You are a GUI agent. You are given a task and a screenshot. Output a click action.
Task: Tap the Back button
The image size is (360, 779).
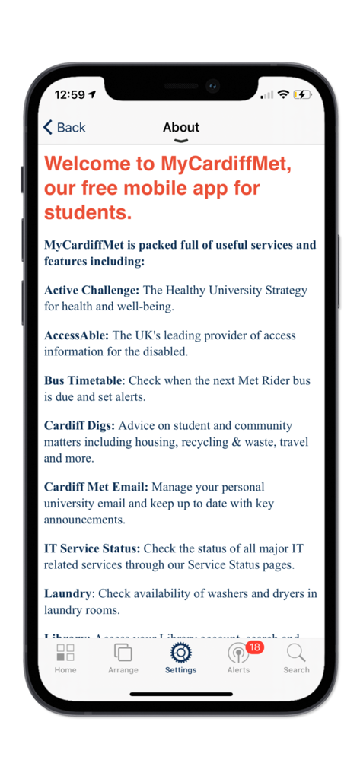click(64, 127)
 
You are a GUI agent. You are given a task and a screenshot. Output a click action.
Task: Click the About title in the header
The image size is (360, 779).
click(181, 127)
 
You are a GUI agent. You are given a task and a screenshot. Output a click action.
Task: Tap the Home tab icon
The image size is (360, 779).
click(65, 653)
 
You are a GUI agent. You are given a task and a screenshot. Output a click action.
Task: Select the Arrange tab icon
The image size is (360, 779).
click(123, 653)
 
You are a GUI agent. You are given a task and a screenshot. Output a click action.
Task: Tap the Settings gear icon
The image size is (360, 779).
click(180, 653)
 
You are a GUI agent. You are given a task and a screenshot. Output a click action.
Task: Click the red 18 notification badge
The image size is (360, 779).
click(254, 647)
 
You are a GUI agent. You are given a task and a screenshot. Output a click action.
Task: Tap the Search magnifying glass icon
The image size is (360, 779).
click(296, 653)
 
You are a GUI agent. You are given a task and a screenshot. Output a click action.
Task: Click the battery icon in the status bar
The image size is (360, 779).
click(303, 94)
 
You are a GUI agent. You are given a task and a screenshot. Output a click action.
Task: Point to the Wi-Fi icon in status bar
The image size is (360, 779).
click(283, 94)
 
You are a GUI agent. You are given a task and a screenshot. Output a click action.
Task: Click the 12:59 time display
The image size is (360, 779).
click(70, 95)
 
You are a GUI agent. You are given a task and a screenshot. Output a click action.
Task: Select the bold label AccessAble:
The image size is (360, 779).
click(76, 335)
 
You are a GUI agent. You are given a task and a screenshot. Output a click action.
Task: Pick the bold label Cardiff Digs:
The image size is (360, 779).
click(79, 425)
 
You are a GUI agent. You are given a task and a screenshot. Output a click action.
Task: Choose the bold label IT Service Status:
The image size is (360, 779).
click(92, 548)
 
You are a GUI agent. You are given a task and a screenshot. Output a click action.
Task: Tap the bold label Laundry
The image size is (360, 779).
click(68, 593)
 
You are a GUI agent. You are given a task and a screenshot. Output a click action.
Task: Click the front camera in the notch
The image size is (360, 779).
click(212, 85)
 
